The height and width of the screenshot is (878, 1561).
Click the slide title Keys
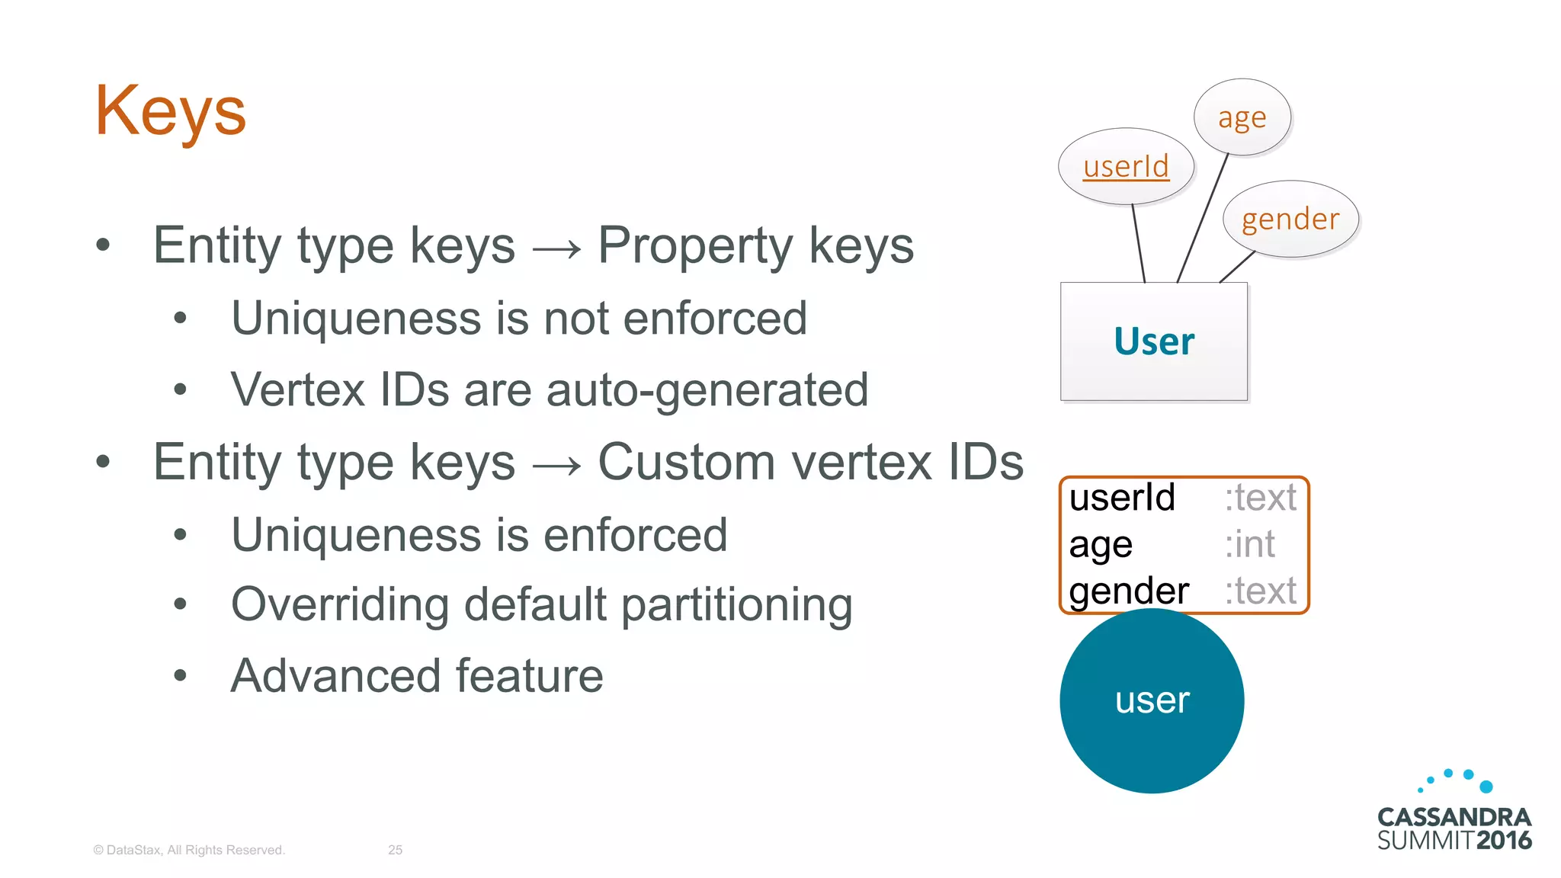coord(170,111)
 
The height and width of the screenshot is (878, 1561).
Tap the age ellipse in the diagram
coord(1242,117)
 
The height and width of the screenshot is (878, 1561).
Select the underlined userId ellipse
coord(1126,166)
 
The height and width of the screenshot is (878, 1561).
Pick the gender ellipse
coord(1290,219)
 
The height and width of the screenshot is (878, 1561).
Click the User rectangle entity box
coord(1154,341)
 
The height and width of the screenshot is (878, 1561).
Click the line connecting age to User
coord(1203,219)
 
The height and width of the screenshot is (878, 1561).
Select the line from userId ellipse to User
coord(1139,244)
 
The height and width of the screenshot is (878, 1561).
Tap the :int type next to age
coord(1250,544)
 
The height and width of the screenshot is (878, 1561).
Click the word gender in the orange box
coord(1129,591)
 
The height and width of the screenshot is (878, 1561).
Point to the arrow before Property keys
coord(556,248)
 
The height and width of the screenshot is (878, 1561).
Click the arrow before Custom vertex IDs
coord(556,464)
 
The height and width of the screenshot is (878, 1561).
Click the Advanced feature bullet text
coord(417,676)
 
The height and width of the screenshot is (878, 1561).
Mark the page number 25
coord(395,850)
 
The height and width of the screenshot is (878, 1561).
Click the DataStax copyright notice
coord(189,850)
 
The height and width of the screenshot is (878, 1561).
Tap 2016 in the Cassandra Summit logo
coord(1503,841)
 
